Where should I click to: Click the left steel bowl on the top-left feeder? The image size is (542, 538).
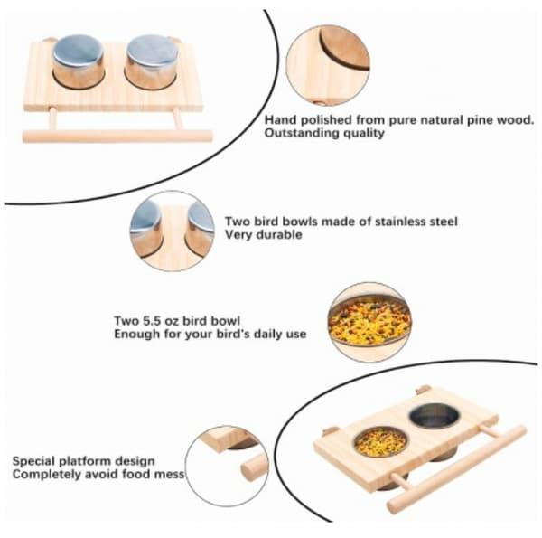pos(79,61)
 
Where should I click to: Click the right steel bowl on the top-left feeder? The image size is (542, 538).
pos(152,61)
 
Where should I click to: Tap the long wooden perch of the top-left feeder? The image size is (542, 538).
pos(117,136)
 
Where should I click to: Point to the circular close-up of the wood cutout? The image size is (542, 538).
pos(328,65)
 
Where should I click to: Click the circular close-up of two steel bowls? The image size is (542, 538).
pos(173,231)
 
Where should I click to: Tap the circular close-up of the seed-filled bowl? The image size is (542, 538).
pos(369,323)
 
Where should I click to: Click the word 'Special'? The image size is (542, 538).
pos(33,461)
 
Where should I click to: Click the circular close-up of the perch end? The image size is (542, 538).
pos(227,467)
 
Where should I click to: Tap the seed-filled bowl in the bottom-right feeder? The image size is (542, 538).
pos(380,442)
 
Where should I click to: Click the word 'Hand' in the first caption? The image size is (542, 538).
pos(280,120)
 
